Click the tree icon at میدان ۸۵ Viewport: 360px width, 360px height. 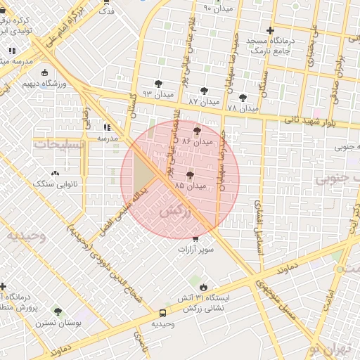[190, 175]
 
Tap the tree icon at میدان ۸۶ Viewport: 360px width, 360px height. [196, 130]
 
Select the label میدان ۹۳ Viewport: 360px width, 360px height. [157, 94]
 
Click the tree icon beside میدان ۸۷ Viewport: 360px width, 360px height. [204, 91]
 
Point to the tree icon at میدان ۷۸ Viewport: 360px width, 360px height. [243, 98]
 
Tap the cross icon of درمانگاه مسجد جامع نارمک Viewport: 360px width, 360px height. [270, 30]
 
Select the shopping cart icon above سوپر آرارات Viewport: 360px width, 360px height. [195, 239]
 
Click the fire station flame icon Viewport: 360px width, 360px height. [204, 287]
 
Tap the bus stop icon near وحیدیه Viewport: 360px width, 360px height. [162, 312]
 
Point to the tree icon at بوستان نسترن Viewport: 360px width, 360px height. [58, 311]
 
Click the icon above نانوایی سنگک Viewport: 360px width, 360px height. [55, 172]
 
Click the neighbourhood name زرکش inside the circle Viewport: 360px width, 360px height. [176, 211]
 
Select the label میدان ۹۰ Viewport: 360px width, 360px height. [217, 8]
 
